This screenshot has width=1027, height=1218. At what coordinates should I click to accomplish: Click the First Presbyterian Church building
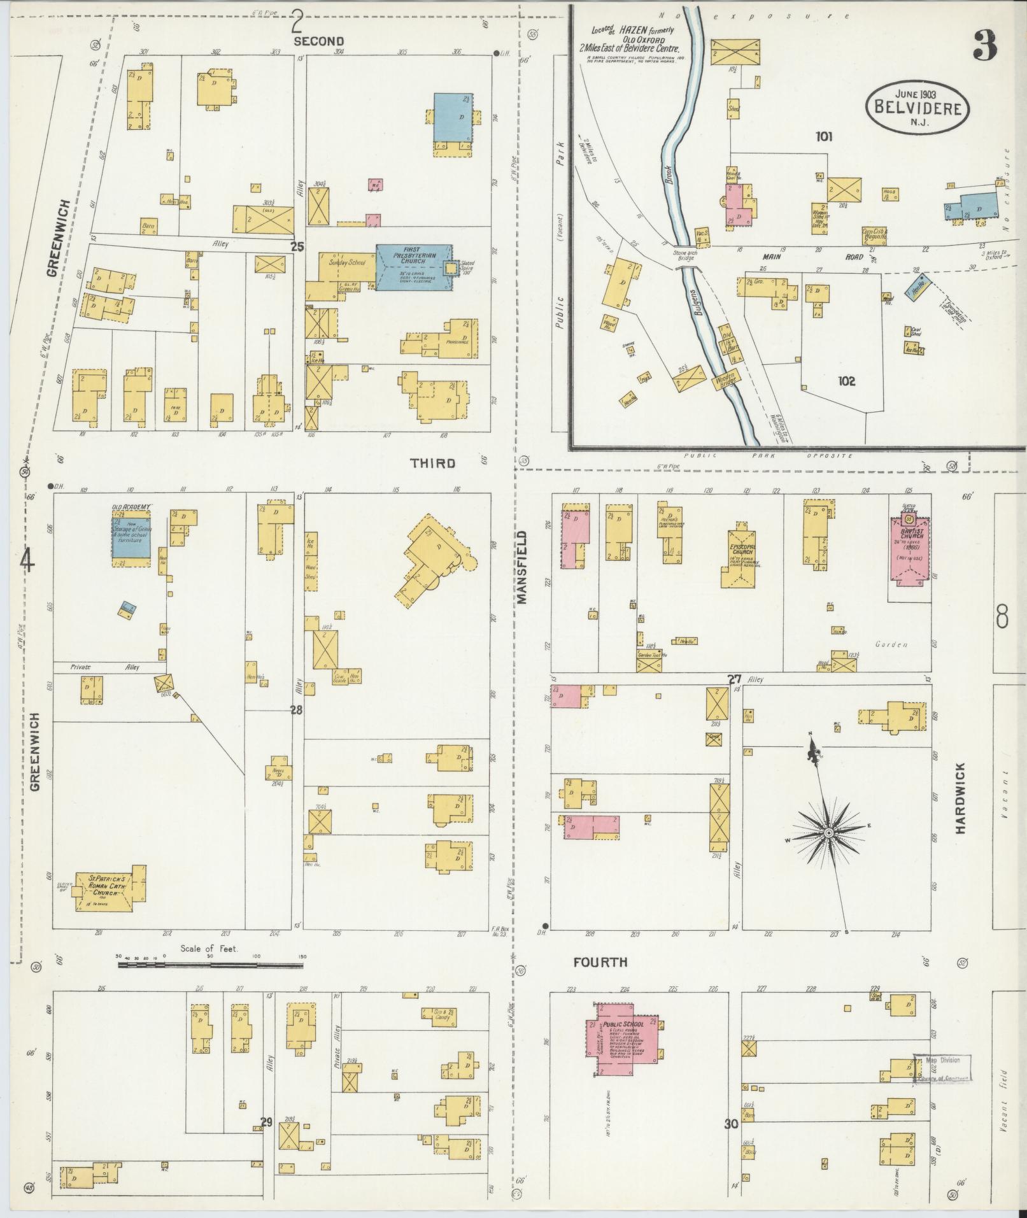click(x=414, y=267)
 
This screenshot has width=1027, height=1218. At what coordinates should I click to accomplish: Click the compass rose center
click(x=829, y=833)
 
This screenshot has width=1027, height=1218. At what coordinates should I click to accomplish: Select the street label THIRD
click(x=432, y=463)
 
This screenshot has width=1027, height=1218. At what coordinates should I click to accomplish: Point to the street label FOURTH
click(x=600, y=962)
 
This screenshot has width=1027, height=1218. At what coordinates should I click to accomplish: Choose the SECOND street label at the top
click(x=318, y=41)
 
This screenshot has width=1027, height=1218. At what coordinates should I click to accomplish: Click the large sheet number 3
click(x=984, y=46)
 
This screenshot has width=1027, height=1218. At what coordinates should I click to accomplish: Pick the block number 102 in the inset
click(x=846, y=381)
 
